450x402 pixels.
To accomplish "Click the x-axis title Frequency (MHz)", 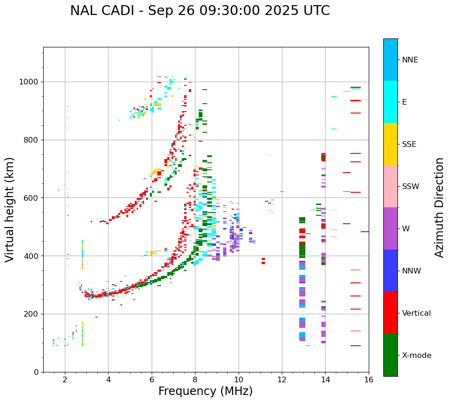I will tap(205, 391).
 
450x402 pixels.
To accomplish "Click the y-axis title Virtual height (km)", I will tap(10, 209).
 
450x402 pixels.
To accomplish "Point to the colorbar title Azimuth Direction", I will tap(439, 207).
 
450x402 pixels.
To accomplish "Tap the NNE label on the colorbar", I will tap(410, 60).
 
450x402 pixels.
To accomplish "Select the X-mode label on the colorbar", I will tap(416, 356).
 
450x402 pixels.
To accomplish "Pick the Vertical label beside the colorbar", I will tap(416, 313).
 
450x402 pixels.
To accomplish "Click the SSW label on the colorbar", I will tap(411, 187).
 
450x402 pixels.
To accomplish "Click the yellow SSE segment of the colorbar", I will tap(390, 144).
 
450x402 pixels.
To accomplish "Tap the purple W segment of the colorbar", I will tap(390, 228).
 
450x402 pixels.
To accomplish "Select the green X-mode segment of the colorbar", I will tap(390, 355).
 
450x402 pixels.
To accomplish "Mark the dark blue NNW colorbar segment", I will tap(390, 271).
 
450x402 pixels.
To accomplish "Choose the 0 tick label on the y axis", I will tap(37, 372).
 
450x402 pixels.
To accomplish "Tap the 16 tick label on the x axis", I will tap(369, 379).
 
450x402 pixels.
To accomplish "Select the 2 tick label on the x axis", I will tap(65, 379).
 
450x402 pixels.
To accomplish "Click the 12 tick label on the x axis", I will tap(282, 379).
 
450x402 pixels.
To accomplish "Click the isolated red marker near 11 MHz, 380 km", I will tap(263, 261).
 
